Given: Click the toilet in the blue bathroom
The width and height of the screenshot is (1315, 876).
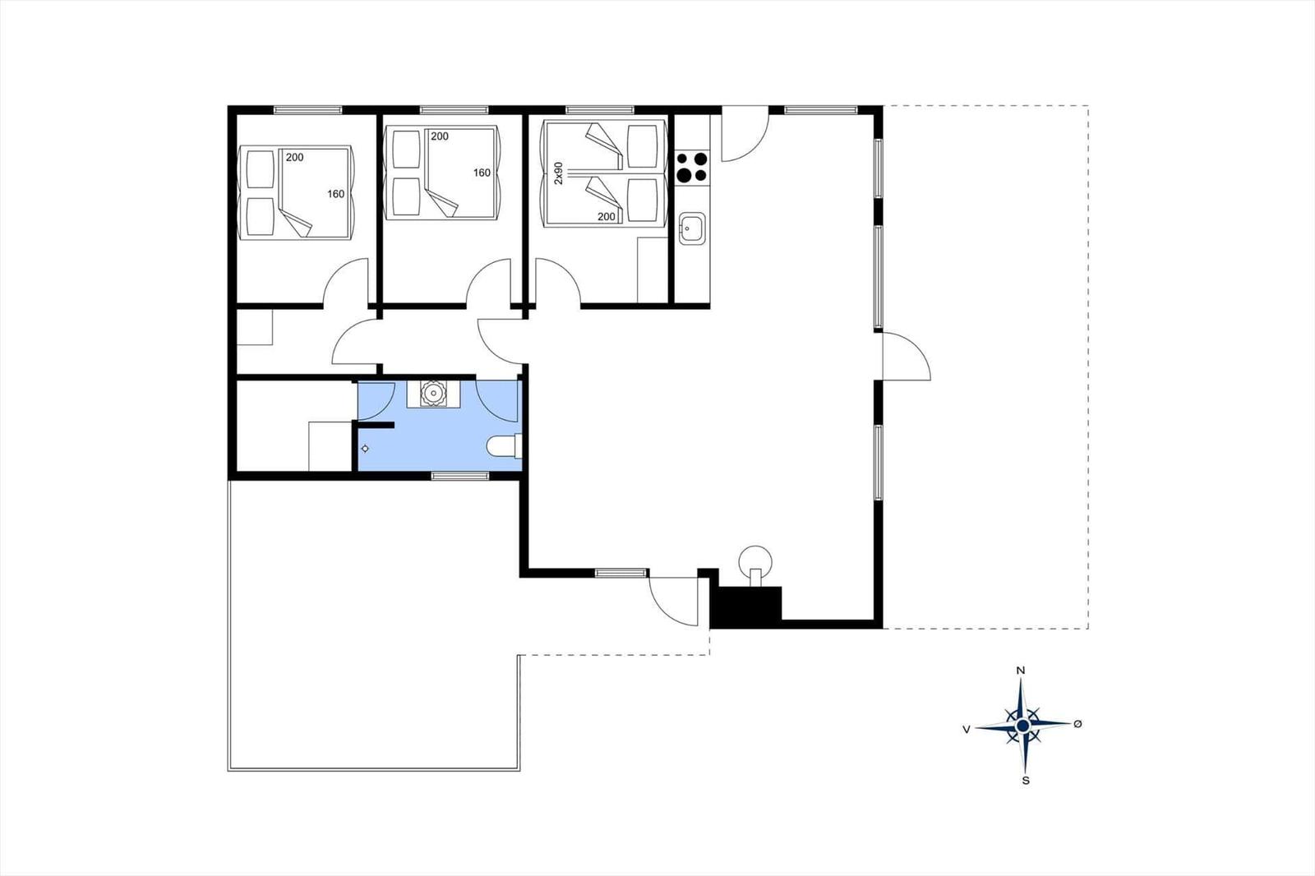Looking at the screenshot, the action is (x=505, y=445).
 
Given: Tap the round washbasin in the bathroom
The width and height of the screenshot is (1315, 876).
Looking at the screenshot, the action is (x=432, y=393).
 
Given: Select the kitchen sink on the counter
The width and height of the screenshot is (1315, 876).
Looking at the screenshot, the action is (x=692, y=228).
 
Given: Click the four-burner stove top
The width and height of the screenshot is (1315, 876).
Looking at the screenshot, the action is (x=691, y=167).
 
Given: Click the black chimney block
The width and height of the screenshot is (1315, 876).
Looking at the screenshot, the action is (x=745, y=606).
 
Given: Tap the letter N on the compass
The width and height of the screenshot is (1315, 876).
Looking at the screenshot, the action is (x=1021, y=671).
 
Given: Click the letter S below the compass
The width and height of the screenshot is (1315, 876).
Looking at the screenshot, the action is (x=1026, y=781).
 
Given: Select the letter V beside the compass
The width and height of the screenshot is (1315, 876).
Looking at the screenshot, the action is (x=967, y=729).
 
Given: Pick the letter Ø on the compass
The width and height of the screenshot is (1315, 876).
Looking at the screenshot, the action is (x=1077, y=724).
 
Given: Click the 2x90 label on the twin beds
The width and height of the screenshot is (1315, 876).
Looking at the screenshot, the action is (x=559, y=173).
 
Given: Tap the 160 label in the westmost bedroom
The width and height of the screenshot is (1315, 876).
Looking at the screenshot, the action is (x=336, y=194).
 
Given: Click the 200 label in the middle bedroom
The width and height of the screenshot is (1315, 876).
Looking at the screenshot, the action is (x=440, y=136).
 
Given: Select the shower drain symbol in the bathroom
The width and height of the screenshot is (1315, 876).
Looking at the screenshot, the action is (x=365, y=449).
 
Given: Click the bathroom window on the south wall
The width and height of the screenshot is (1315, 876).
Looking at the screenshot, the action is (x=459, y=476).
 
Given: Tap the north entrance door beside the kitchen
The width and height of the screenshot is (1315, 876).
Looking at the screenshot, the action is (x=745, y=133).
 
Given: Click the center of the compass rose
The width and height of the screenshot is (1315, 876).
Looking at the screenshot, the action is (x=1023, y=726).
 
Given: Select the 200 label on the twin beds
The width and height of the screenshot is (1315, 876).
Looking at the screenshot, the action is (x=607, y=216).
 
